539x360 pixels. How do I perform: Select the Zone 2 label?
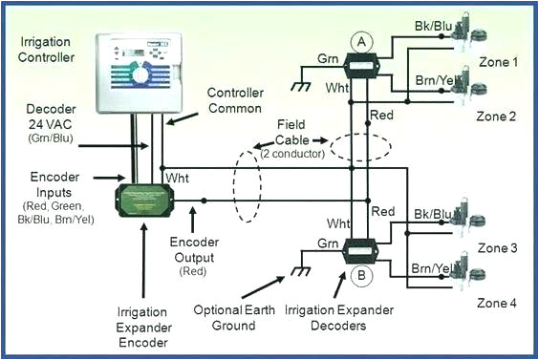click(497, 116)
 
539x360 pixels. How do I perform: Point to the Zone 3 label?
click(497, 248)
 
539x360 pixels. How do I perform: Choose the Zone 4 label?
click(497, 303)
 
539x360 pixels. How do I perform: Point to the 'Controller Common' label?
click(241, 101)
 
